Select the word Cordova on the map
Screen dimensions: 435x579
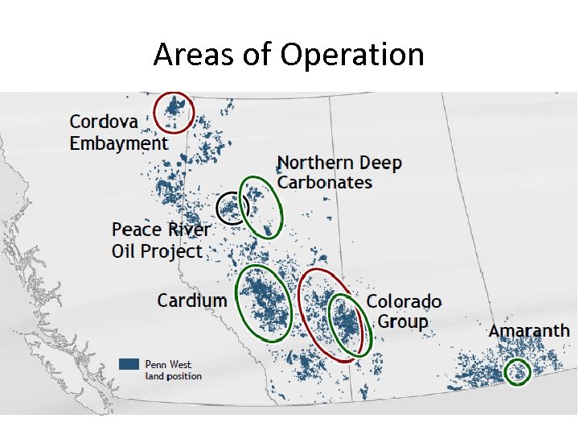[104, 122]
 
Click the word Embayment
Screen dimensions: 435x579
[118, 143]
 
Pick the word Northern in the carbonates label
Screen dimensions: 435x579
[315, 163]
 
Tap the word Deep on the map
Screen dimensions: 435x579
[380, 163]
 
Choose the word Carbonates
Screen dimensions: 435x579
[325, 182]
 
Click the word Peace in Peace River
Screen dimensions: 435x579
[138, 230]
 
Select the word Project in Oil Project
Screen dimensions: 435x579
[174, 251]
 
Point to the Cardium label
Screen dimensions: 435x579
[192, 300]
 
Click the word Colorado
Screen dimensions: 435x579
[404, 301]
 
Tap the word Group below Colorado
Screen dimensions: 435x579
[403, 321]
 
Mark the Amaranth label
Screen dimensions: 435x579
[529, 331]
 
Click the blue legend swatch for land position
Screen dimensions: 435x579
[129, 364]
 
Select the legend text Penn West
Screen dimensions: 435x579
[168, 364]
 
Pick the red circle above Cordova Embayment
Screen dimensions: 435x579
[175, 112]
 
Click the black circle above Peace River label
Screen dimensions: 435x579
[232, 208]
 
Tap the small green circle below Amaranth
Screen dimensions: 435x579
[517, 371]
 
